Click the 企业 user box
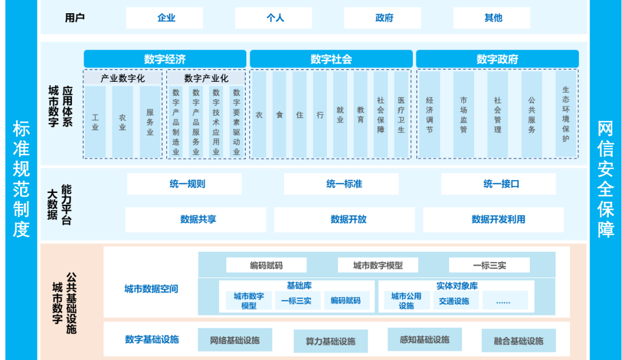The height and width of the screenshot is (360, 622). click(x=165, y=18)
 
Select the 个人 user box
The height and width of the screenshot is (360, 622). click(x=274, y=18)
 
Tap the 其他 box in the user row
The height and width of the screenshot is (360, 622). click(x=492, y=18)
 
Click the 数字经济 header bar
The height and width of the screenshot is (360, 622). click(x=165, y=59)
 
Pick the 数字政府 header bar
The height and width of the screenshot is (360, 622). click(x=498, y=59)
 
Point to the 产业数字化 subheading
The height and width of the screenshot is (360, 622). click(x=123, y=78)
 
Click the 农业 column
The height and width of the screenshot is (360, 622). click(x=123, y=122)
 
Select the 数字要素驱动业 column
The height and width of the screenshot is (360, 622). click(x=237, y=122)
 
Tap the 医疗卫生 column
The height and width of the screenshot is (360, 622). click(x=401, y=115)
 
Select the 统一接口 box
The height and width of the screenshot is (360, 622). click(x=499, y=184)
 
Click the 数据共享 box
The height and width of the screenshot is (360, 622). click(x=196, y=219)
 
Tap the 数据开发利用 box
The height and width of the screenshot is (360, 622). click(x=494, y=219)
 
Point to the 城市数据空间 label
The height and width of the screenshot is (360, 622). click(x=151, y=289)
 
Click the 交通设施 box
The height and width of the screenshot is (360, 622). click(x=454, y=301)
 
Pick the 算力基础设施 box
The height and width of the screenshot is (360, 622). click(x=331, y=341)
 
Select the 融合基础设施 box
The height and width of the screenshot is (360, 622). click(x=518, y=340)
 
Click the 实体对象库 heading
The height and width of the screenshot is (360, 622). click(x=457, y=286)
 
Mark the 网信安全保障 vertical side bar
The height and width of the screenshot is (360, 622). click(x=606, y=180)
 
